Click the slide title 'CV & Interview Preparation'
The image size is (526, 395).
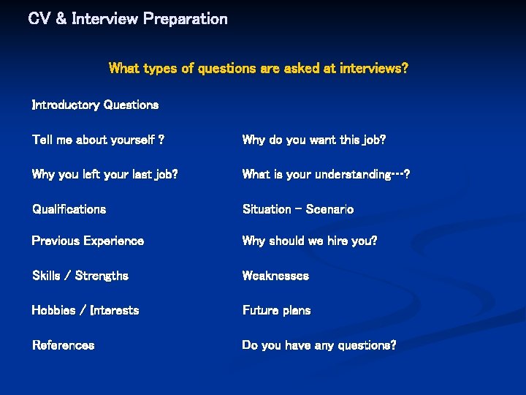pyautogui.click(x=128, y=19)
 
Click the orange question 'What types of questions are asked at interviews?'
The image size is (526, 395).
pyautogui.click(x=258, y=69)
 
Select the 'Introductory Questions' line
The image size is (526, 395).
pyautogui.click(x=95, y=105)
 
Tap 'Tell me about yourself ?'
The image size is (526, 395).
pyautogui.click(x=98, y=140)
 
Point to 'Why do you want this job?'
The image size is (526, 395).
pyautogui.click(x=314, y=140)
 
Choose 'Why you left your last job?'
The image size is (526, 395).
pyautogui.click(x=104, y=174)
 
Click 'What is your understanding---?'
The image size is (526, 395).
pyautogui.click(x=326, y=174)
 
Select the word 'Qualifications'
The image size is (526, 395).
pyautogui.click(x=69, y=209)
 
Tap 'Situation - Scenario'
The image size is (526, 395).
pyautogui.click(x=298, y=209)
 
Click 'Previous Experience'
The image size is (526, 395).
pyautogui.click(x=88, y=241)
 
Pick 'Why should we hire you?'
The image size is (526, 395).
pyautogui.click(x=310, y=241)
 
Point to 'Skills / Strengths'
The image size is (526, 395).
pyautogui.click(x=80, y=276)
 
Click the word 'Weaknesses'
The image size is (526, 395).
pyautogui.click(x=275, y=276)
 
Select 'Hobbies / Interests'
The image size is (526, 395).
pyautogui.click(x=85, y=310)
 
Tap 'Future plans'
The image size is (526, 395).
pyautogui.click(x=276, y=310)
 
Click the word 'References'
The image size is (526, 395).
pyautogui.click(x=63, y=345)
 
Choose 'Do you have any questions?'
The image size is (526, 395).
pyautogui.click(x=319, y=345)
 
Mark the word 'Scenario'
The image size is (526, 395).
pyautogui.click(x=329, y=209)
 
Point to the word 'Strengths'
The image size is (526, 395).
pyautogui.click(x=102, y=276)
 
